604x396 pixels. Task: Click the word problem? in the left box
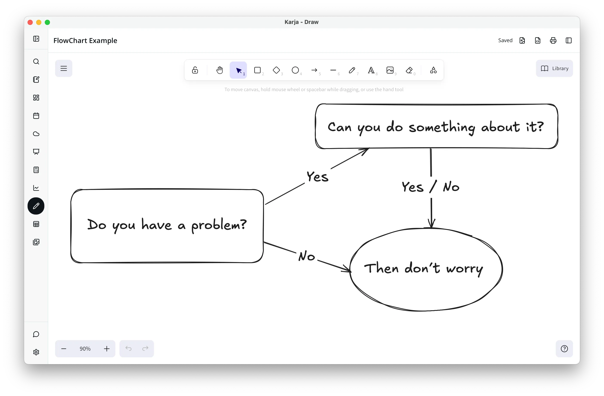(219, 225)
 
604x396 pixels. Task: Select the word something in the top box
(442, 127)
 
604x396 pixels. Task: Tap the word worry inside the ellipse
(465, 269)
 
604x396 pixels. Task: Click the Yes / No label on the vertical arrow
(431, 187)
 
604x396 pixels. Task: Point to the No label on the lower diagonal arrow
(307, 256)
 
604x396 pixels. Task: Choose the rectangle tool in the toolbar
(257, 70)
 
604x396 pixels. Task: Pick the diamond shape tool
(276, 70)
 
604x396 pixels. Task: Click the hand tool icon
(220, 70)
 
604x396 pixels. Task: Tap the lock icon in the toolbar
(195, 70)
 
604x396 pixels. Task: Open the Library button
(554, 68)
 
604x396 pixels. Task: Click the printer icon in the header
(553, 41)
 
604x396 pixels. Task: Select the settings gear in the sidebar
(36, 352)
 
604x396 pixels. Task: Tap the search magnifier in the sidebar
(36, 62)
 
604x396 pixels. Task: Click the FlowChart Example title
(85, 41)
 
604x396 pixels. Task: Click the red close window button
(30, 22)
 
